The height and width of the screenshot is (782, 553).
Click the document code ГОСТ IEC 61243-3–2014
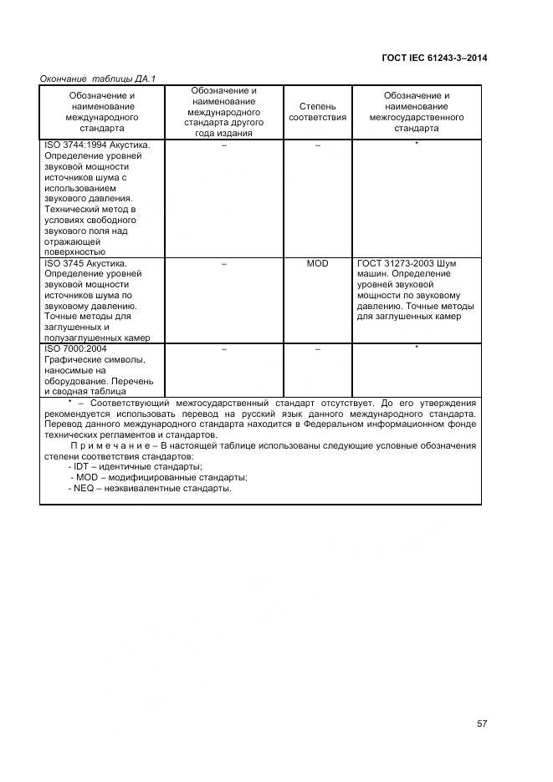(433, 58)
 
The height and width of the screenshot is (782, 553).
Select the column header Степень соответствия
(317, 112)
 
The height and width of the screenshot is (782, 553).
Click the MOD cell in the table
(317, 263)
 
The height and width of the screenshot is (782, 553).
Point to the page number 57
(482, 724)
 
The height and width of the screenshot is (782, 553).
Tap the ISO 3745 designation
(63, 263)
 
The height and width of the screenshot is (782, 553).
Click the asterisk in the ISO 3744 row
(416, 145)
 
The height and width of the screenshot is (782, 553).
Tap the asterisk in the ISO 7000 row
(416, 348)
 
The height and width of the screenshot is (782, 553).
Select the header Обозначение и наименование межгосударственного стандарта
(416, 112)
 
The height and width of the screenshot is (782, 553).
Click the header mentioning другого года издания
(224, 112)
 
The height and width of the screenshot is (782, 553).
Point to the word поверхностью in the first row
(74, 251)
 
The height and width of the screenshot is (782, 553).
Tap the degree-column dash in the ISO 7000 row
(317, 348)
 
